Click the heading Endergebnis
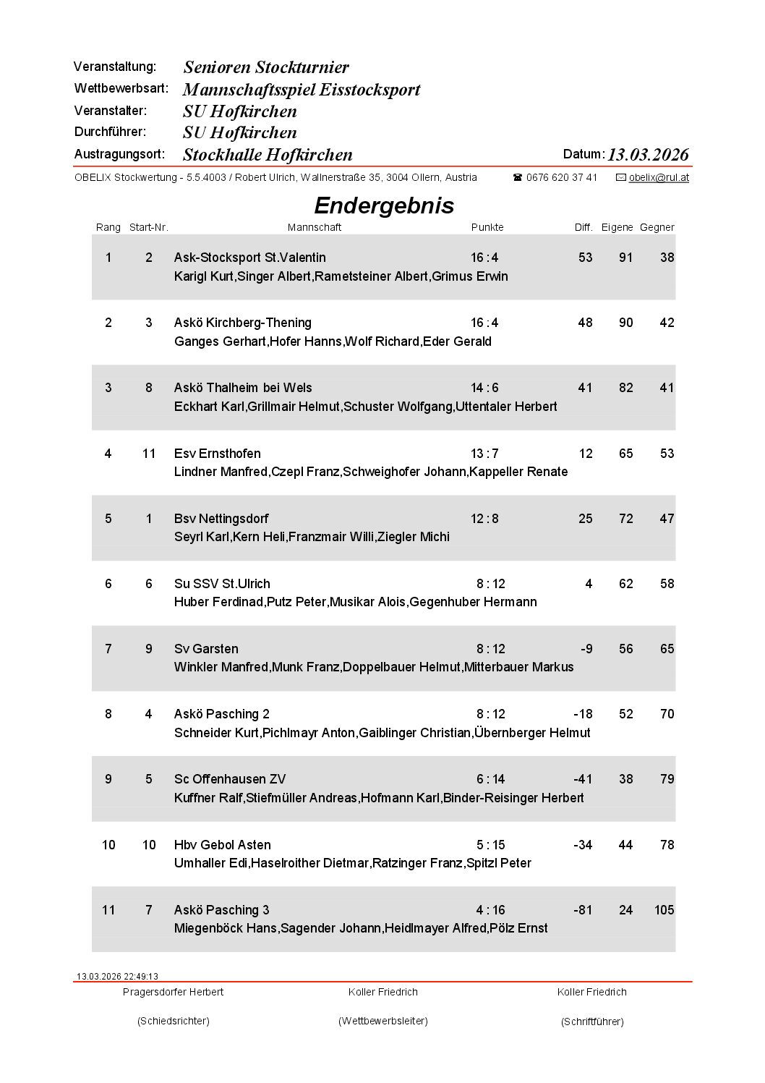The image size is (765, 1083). pos(384,205)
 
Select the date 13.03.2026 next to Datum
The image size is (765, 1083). pos(648,155)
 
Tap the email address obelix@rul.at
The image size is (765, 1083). pos(659,177)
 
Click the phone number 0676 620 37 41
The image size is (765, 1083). pos(561,177)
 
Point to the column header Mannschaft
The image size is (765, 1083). pos(315,227)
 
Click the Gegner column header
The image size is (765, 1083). pos(657,227)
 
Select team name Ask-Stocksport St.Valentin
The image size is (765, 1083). pos(250,258)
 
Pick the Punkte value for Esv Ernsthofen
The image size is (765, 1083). pos(484,454)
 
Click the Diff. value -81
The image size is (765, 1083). pos(582,910)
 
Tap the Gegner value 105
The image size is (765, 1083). pos(664,910)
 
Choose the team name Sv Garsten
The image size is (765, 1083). pos(206,649)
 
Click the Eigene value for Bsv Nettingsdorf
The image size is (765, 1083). pos(625,519)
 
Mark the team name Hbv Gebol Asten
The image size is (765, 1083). pos(223,845)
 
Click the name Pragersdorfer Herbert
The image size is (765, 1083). pos(173,992)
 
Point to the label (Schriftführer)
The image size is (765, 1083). pos(592,1022)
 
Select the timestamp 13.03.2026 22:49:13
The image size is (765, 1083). pos(117,976)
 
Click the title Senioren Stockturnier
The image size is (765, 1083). pos(266,67)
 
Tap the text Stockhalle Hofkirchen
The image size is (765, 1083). pos(268,155)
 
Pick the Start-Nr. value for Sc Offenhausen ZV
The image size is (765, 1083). pos(149,779)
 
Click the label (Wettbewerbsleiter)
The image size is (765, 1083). pos(383,1021)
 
